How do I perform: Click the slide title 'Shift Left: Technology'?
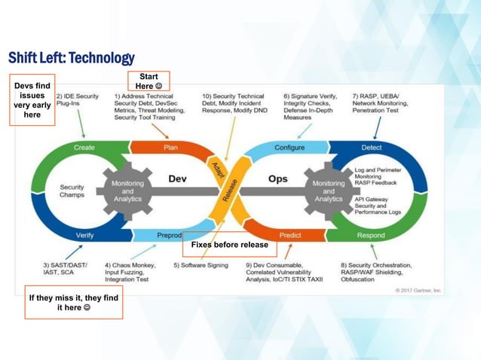(x=71, y=58)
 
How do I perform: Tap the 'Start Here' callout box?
(x=149, y=81)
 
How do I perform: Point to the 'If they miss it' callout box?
(x=73, y=303)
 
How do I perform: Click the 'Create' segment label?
(x=84, y=148)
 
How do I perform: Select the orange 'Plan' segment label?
(x=171, y=148)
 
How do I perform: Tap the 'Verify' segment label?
(x=84, y=235)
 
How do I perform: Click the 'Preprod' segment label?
(x=170, y=235)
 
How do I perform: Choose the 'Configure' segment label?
(x=290, y=148)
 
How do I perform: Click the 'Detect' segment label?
(x=372, y=148)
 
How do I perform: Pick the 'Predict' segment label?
(x=290, y=235)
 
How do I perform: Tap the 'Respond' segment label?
(x=372, y=235)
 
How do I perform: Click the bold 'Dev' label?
(x=177, y=179)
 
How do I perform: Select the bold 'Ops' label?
(x=277, y=179)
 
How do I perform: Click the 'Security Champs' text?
(x=72, y=191)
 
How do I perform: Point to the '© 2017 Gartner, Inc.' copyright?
(x=418, y=290)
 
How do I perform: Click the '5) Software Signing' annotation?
(x=202, y=265)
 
